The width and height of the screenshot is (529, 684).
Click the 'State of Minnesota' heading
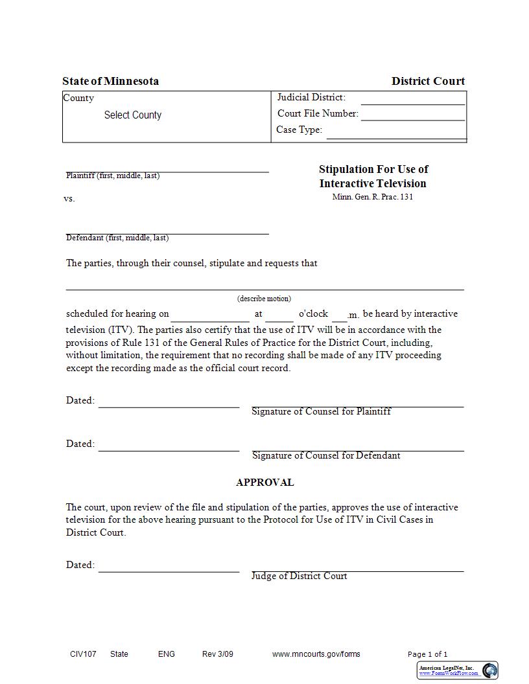[110, 81]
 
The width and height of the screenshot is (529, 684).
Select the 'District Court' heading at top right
[428, 81]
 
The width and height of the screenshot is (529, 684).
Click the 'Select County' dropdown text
[132, 115]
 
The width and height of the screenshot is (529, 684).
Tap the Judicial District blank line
[412, 100]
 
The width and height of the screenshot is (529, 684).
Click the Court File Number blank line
[412, 117]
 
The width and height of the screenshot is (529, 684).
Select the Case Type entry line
[395, 134]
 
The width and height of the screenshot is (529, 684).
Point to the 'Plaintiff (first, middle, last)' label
[113, 176]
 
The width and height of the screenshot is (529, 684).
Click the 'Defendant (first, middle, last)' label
[117, 238]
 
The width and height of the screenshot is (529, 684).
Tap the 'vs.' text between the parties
[69, 199]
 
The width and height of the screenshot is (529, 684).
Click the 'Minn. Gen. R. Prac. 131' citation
[372, 197]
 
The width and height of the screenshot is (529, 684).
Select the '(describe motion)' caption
[264, 299]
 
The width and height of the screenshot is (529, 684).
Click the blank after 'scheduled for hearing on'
[210, 317]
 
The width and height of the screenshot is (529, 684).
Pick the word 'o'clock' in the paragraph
[313, 313]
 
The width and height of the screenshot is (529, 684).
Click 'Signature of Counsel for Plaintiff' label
[321, 411]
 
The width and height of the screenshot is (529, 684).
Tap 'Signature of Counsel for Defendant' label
[325, 455]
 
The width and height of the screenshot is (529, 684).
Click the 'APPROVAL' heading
[264, 483]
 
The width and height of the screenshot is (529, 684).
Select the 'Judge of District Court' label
[299, 576]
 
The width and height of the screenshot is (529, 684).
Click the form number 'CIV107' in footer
[83, 654]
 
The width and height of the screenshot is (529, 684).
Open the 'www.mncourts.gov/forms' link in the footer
[316, 654]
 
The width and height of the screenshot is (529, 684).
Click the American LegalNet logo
[490, 670]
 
